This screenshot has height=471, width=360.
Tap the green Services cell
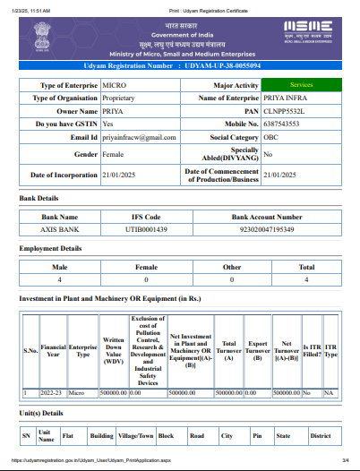(x=301, y=84)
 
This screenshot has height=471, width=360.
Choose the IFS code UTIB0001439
(x=147, y=229)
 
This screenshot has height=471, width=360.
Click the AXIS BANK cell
(x=61, y=229)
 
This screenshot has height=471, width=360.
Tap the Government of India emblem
(x=42, y=34)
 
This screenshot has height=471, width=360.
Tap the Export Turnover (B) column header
(x=258, y=352)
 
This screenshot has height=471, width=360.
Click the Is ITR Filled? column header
(x=312, y=352)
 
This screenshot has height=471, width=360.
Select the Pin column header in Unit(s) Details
(x=257, y=436)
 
